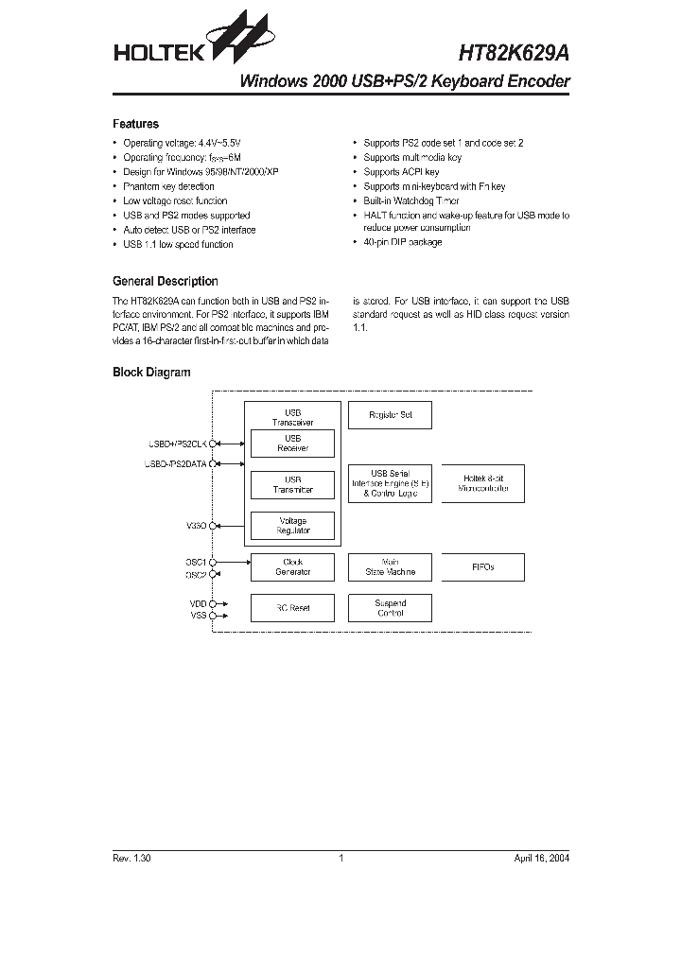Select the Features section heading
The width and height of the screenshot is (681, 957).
coord(135,124)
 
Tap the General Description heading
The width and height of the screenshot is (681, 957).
coord(165,281)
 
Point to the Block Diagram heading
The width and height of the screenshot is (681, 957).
coord(151,373)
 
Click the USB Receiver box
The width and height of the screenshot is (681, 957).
coord(292,444)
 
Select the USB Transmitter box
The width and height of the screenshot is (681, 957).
coord(292,484)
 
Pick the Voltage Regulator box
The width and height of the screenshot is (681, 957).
coord(292,526)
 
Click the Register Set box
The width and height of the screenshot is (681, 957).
coord(389,414)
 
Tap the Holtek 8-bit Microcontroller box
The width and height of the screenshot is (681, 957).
coord(482,483)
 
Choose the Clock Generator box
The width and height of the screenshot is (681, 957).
coord(292,566)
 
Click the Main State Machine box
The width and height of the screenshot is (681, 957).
coord(389,566)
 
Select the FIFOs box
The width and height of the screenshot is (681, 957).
coord(482,566)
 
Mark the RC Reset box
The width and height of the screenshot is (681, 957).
coord(292,608)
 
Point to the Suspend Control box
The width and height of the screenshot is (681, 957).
coord(389,608)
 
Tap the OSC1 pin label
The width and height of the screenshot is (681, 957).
coord(195,562)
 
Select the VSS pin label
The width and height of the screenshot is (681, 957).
coord(197,615)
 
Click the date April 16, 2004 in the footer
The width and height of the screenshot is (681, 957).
coord(542,858)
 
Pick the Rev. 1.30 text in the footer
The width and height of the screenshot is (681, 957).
coord(131,858)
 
